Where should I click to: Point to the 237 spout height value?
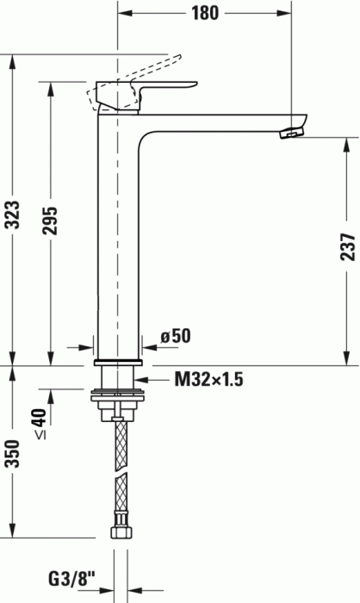tap(347, 247)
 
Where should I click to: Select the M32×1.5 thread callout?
tap(210, 378)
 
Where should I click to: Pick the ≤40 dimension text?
tap(38, 423)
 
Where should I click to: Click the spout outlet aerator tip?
tap(293, 132)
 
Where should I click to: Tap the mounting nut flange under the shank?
tap(120, 397)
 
